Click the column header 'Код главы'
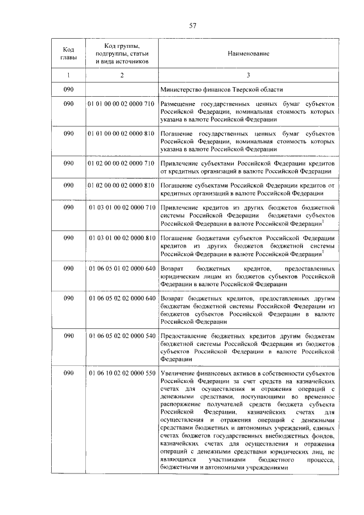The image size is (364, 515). click(x=68, y=53)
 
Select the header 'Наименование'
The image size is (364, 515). click(x=249, y=53)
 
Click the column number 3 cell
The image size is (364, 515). click(x=249, y=75)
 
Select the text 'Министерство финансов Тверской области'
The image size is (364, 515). click(x=221, y=89)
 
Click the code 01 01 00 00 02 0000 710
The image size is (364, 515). click(x=122, y=105)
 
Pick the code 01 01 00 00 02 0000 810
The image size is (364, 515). click(x=122, y=133)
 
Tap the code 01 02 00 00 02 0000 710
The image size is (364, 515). click(x=122, y=163)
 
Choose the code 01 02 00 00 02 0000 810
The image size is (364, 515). click(x=122, y=185)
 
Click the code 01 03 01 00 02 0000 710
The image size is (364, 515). click(x=122, y=207)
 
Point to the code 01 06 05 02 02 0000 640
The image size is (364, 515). click(x=122, y=298)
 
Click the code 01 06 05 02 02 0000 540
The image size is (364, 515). click(x=122, y=336)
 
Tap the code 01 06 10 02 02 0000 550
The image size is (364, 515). click(x=122, y=373)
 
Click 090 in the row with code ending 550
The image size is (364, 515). click(x=68, y=373)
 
